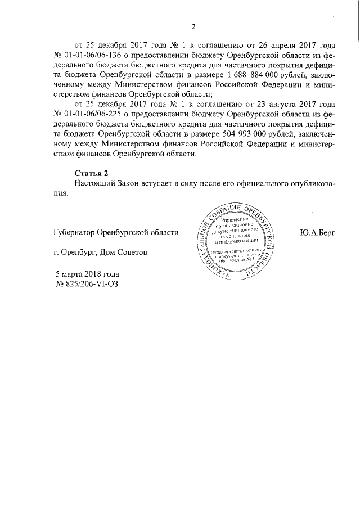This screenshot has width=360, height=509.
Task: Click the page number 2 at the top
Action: [193, 26]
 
